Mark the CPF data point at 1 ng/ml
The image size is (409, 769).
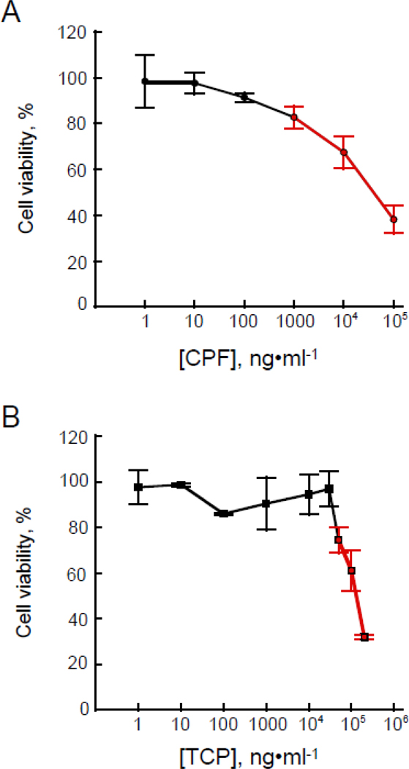145,81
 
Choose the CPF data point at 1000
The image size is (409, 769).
294,117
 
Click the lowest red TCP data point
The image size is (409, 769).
364,637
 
